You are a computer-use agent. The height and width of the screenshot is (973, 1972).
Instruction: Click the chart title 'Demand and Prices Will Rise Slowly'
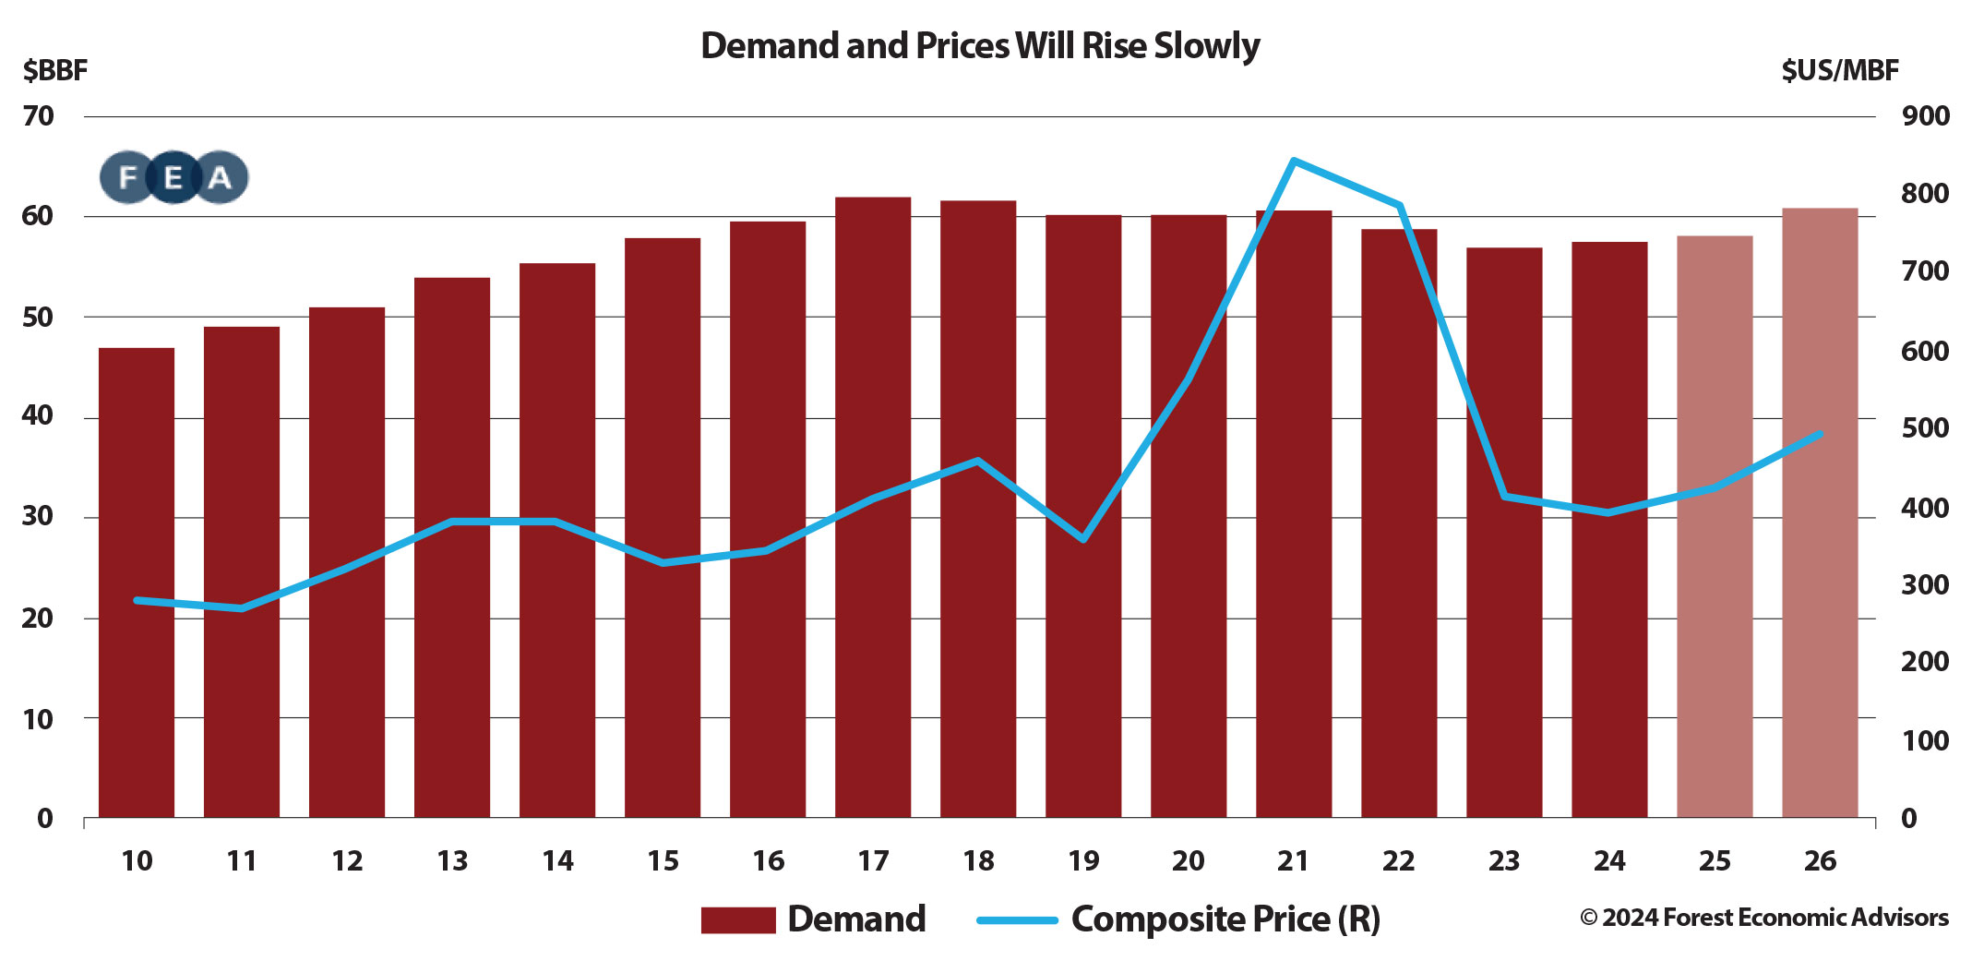click(980, 45)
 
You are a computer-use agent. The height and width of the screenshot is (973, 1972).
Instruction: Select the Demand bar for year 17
click(873, 508)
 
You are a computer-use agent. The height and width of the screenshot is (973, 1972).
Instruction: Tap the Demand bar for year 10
click(137, 582)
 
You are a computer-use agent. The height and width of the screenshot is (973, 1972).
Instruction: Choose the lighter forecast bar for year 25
click(1715, 526)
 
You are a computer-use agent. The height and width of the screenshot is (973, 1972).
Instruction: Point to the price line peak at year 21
click(1294, 162)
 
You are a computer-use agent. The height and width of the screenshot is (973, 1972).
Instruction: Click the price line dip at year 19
click(1083, 539)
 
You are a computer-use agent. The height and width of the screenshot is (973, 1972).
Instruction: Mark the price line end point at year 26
click(1820, 433)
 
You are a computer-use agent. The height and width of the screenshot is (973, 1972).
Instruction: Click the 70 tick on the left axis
click(39, 116)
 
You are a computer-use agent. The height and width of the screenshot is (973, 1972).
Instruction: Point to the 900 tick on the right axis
click(1926, 116)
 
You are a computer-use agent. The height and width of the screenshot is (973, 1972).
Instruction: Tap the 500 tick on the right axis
click(1926, 428)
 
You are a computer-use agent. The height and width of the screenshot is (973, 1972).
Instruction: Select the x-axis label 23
click(1504, 861)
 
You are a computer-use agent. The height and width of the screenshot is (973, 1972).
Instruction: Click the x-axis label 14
click(557, 861)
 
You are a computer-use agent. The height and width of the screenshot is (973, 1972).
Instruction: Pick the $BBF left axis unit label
click(55, 70)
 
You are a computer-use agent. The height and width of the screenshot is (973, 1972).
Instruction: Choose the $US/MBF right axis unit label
click(1840, 70)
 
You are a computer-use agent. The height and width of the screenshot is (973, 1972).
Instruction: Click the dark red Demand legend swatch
click(738, 920)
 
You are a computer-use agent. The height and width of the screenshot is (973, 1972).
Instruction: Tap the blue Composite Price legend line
click(1017, 920)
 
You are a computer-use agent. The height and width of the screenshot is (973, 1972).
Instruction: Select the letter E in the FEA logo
click(173, 177)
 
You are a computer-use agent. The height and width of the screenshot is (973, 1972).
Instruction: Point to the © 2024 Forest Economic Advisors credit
click(1764, 918)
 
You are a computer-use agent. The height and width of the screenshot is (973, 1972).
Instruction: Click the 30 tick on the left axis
click(39, 517)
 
